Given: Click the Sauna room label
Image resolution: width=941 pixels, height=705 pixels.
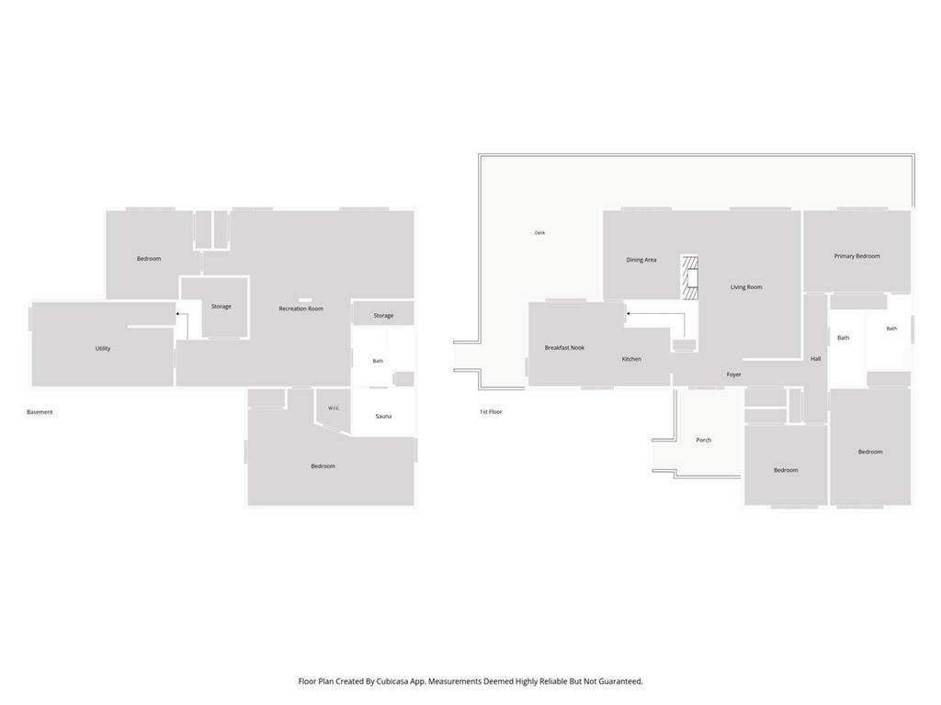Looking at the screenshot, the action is coord(383,416).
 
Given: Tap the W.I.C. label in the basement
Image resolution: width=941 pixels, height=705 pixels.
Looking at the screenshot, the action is coord(334,408).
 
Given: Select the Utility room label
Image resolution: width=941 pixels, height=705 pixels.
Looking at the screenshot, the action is coord(103,348).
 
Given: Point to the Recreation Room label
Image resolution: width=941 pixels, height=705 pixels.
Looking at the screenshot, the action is coord(300,308).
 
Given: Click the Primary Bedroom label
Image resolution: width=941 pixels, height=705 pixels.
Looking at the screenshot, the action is coord(857,256).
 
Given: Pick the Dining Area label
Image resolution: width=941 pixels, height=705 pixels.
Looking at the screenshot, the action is coord(641,260).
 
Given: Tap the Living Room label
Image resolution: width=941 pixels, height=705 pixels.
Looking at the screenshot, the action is coord(746,287).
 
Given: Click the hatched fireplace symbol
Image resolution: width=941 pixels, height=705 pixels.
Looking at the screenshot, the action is coord(689,277).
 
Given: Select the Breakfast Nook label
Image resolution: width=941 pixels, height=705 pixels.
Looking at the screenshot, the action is coord(564,348).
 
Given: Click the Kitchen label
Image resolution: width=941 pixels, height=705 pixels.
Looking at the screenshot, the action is coord(631,359).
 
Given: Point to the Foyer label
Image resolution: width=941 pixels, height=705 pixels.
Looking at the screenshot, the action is coord(733,375).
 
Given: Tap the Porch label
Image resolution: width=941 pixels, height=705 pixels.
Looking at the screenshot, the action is coord(703,440).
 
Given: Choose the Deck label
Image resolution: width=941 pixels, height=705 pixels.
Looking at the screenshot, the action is coord(539,232).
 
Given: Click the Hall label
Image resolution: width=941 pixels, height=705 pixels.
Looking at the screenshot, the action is coord(816,359).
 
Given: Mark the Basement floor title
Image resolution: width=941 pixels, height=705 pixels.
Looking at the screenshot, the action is coord(40,412).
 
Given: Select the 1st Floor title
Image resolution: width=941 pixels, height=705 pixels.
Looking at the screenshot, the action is coord(491,412).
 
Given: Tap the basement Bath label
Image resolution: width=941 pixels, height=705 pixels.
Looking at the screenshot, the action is coord(378,361).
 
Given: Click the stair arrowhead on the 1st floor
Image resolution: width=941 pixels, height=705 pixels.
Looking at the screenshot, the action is coord(628,314).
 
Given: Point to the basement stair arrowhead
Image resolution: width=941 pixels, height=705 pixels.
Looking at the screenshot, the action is coord(177,314).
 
